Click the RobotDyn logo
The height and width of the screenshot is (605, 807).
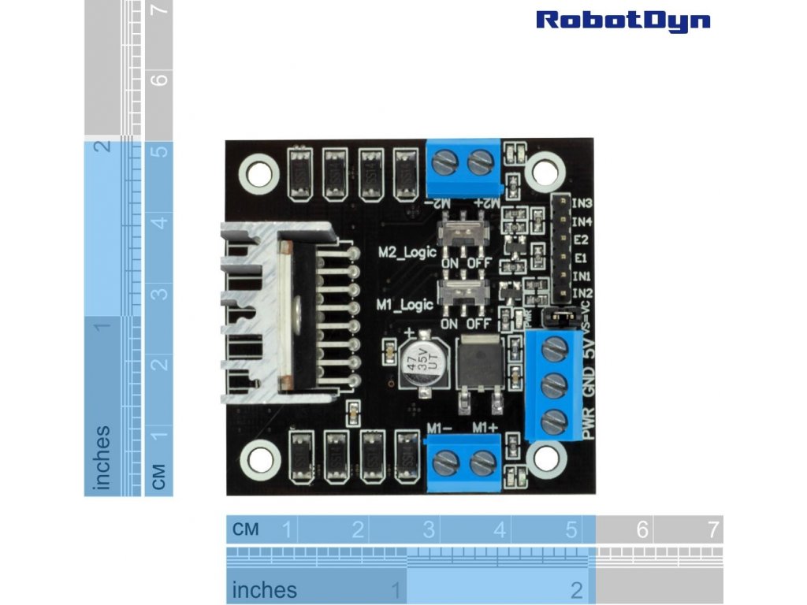point(623,20)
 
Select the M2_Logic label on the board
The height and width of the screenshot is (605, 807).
point(407,254)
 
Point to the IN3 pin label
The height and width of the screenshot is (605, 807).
point(582,203)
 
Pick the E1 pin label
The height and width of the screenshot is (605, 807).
point(581,258)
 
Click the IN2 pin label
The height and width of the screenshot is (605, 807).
point(582,294)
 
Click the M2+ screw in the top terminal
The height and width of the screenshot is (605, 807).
point(481,164)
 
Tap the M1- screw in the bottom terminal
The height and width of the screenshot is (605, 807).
point(446,462)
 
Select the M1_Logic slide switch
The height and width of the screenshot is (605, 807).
point(463,293)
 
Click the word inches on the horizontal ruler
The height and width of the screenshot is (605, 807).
point(265,589)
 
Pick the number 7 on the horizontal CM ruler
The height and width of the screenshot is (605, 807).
point(713,529)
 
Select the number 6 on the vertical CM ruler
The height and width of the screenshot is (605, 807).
point(161,80)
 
